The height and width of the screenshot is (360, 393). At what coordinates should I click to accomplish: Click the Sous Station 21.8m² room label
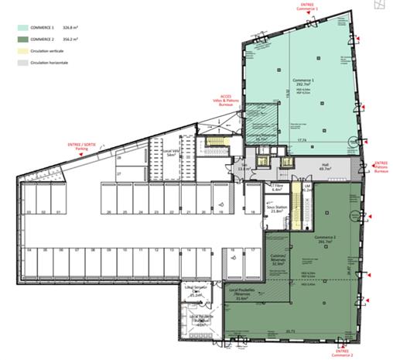pyautogui.click(x=275, y=211)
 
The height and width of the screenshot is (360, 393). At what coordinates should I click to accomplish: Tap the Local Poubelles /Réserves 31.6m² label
pyautogui.click(x=241, y=295)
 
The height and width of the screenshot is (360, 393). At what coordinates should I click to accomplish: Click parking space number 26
pyautogui.click(x=110, y=211)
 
